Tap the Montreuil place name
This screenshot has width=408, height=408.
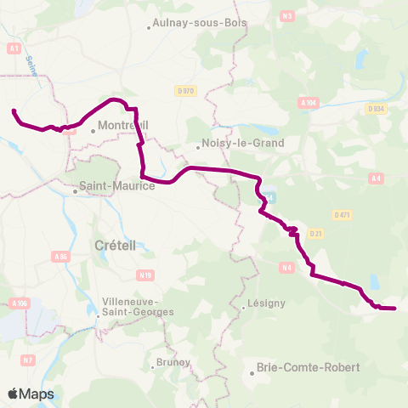tap(123, 126)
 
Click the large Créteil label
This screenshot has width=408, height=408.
tap(110, 245)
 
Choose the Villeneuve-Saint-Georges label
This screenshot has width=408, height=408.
tap(137, 307)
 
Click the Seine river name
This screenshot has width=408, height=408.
tap(33, 65)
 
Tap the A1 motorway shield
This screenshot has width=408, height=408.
tap(14, 49)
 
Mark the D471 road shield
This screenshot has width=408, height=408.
tap(343, 215)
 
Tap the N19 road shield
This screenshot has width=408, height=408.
tap(122, 275)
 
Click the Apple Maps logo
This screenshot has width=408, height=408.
tap(31, 393)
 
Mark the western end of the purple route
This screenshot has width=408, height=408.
tap(13, 110)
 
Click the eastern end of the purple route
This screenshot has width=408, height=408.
tap(395, 308)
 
